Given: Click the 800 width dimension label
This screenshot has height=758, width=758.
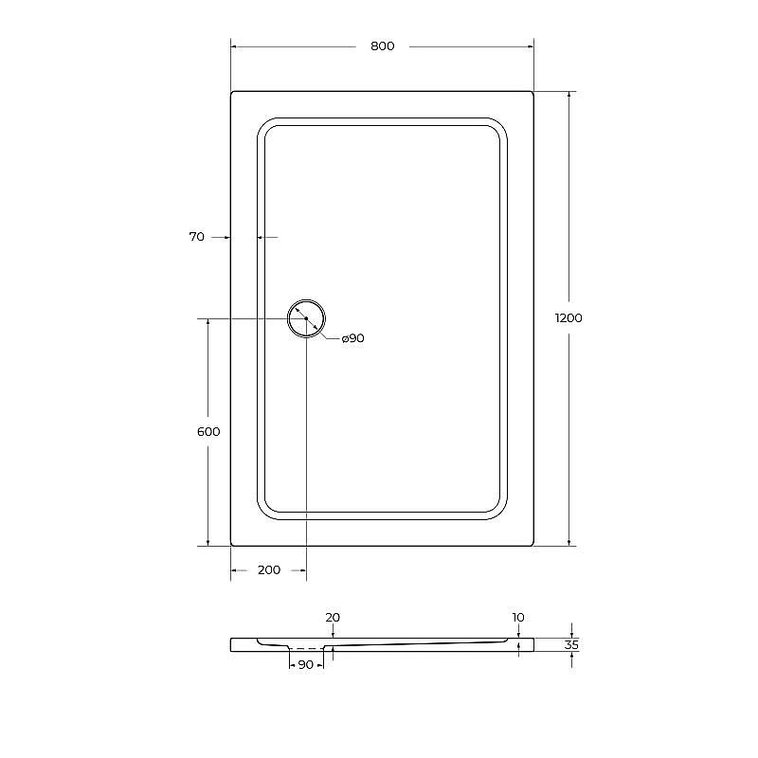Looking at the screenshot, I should [x=383, y=45].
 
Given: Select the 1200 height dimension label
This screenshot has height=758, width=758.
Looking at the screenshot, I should [x=568, y=318].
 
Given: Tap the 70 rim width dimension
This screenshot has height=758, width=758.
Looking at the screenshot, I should [x=197, y=237].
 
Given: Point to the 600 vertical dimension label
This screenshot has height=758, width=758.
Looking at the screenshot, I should [x=208, y=432].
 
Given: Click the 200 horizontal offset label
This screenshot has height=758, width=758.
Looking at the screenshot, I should [x=269, y=570].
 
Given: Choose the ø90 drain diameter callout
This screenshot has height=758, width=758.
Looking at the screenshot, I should [x=352, y=338].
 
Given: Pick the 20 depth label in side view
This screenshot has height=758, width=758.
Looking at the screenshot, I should [x=333, y=617].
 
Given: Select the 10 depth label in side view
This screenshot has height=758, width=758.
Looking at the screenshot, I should [x=518, y=617].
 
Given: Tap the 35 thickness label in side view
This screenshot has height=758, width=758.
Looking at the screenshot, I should [x=571, y=645].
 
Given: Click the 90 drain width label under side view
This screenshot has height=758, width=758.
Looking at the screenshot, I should [x=306, y=665].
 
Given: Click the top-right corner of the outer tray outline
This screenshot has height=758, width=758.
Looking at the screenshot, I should [x=532, y=92].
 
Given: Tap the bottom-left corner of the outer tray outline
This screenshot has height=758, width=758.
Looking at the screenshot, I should [x=231, y=545].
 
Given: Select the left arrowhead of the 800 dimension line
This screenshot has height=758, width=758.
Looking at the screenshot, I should [x=235, y=45].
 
